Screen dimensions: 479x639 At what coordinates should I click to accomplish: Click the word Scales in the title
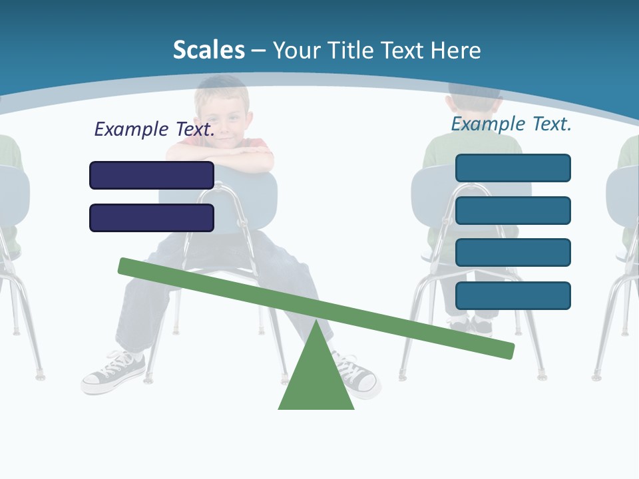point(208,50)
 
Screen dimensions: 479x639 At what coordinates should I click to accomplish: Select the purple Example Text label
point(154,129)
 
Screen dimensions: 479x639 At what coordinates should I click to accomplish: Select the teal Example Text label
point(511,124)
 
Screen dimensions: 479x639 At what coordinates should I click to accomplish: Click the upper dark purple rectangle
point(152,175)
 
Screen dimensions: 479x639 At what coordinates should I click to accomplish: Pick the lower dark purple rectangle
point(152,218)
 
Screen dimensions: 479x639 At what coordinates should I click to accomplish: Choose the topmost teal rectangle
point(513,168)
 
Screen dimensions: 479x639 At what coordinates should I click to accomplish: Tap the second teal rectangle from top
point(513,210)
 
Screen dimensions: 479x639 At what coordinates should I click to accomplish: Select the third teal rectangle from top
point(513,252)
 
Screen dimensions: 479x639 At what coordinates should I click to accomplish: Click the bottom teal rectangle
point(513,295)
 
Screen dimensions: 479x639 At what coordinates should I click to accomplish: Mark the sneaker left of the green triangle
point(113,373)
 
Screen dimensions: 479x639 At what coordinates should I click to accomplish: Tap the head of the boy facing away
point(474,106)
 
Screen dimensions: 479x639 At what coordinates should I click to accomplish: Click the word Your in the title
point(296,50)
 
